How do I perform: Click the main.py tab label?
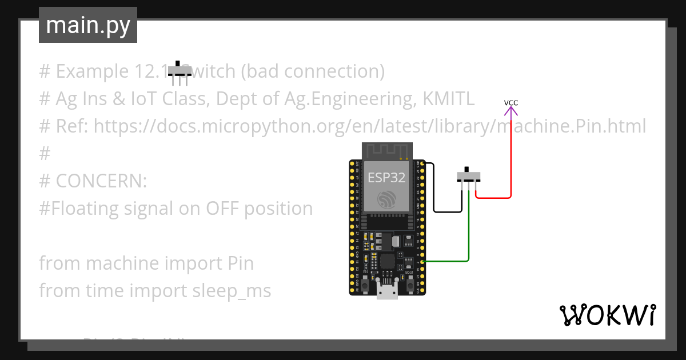pos(87,25)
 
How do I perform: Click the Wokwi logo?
pos(607,315)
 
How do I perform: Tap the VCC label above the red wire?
pos(511,103)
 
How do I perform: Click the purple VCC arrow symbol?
pos(511,111)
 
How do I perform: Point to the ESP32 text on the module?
pos(386,178)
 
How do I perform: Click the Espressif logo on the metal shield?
pos(386,199)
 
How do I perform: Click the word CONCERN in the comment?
pos(101,181)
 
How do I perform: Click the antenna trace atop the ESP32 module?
pos(387,151)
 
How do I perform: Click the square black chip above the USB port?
pos(387,262)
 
